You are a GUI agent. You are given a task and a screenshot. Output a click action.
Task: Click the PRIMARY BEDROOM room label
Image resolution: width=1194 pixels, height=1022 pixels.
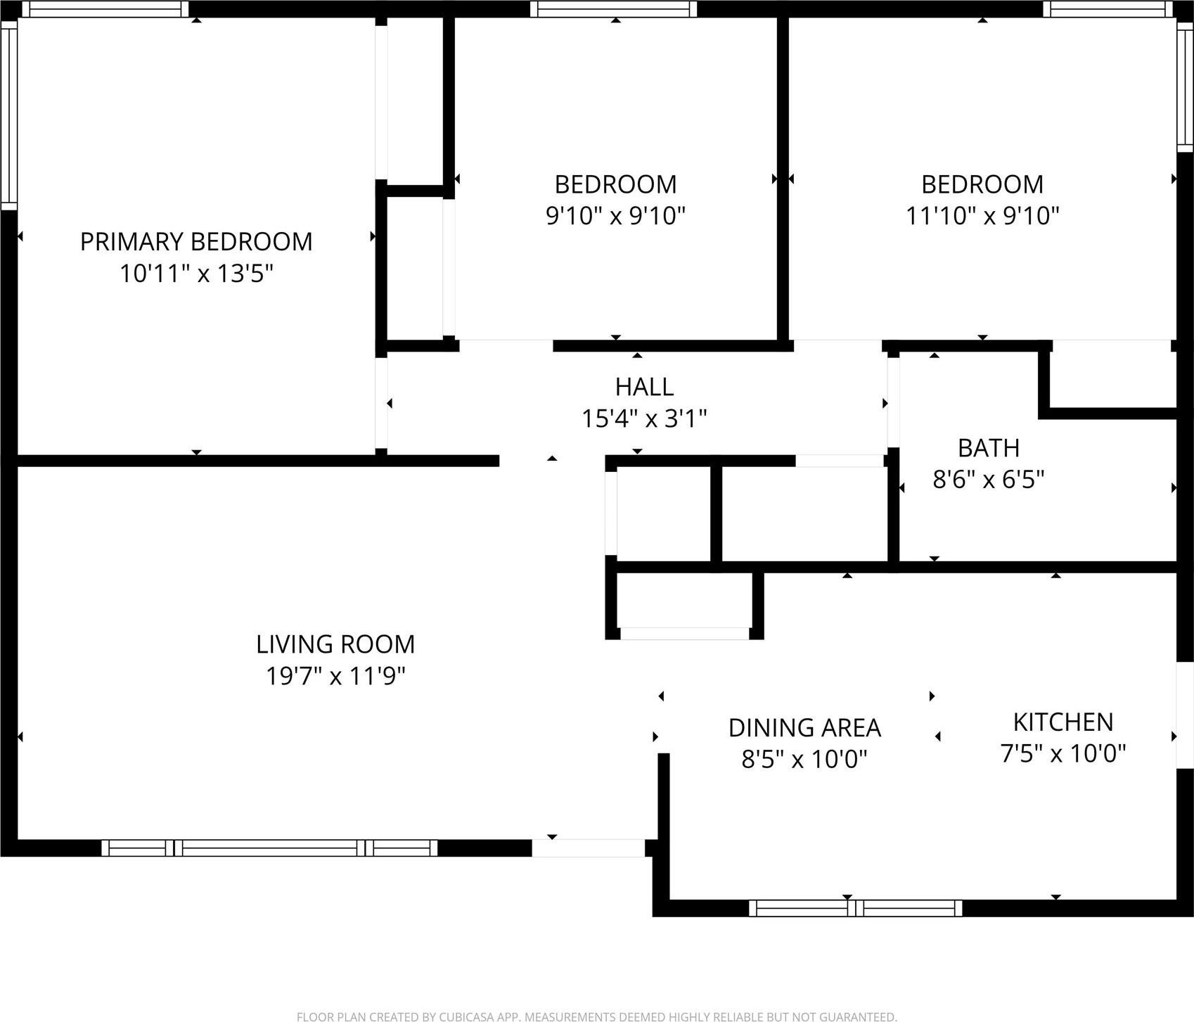tap(196, 241)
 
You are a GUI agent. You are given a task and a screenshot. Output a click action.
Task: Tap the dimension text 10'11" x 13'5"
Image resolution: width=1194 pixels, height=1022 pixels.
tap(196, 273)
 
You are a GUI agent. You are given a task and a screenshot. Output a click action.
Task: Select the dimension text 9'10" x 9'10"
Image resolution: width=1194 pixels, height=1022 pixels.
tap(615, 215)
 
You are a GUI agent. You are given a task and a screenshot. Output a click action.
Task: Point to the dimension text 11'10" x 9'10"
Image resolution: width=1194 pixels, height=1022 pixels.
tap(982, 215)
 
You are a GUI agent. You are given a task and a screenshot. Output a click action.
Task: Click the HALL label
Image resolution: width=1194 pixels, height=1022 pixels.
tap(644, 387)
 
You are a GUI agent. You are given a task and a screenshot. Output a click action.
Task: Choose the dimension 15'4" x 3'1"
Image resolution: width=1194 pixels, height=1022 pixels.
tap(644, 419)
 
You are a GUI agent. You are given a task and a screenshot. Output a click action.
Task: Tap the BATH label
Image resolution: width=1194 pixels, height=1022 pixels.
tap(988, 448)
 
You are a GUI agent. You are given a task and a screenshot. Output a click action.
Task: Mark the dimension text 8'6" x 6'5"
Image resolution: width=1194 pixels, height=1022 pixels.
tap(988, 480)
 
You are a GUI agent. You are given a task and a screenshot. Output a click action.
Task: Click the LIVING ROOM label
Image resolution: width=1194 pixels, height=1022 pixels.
tap(335, 644)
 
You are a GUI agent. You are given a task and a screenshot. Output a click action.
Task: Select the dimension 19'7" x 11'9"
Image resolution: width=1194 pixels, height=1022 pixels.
tap(335, 676)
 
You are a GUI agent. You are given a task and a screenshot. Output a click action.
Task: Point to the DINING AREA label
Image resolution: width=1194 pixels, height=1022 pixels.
tap(804, 728)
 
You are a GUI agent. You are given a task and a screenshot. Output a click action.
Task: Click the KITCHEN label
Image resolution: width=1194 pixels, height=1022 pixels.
tap(1063, 722)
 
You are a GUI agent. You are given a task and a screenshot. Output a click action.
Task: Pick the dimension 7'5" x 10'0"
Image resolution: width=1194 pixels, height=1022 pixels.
tap(1063, 754)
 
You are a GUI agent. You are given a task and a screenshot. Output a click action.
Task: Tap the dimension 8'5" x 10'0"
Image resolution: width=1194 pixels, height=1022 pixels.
tap(804, 760)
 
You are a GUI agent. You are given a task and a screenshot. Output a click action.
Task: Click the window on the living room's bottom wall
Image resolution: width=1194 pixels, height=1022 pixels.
tap(269, 848)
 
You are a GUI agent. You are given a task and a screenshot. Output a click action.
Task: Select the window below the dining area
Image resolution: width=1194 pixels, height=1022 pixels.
tap(855, 908)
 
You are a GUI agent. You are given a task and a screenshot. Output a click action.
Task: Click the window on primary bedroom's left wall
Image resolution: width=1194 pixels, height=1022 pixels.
tap(8, 114)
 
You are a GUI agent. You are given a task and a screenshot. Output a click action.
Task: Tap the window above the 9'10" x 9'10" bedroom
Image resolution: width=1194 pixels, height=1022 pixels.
tap(613, 9)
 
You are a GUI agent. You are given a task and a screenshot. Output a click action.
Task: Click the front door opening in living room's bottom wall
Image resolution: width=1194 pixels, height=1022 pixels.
tap(588, 848)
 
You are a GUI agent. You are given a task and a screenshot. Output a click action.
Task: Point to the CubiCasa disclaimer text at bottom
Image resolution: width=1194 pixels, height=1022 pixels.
tap(596, 1016)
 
